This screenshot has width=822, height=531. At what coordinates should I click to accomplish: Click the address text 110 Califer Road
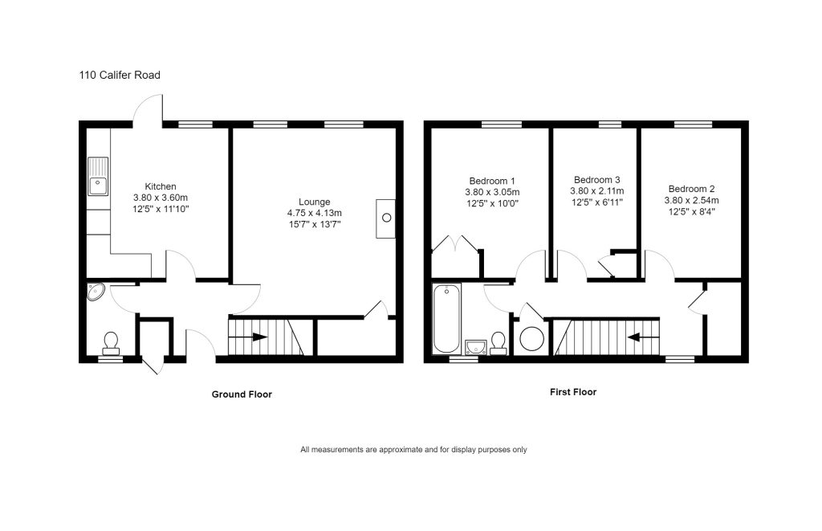coord(120,76)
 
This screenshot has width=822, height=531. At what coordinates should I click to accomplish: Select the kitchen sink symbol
coord(98,176)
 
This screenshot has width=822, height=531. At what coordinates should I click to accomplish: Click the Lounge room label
coord(314,202)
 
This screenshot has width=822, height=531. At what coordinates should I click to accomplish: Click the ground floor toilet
coord(111,343)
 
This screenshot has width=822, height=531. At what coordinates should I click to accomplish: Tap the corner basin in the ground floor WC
coord(96,292)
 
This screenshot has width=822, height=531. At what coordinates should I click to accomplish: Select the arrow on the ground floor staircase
coord(257,337)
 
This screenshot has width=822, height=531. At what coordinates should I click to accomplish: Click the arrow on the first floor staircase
coord(634,337)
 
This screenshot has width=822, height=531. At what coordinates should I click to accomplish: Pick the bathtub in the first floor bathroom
coord(446,319)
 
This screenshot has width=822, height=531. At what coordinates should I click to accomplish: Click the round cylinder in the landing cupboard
coord(531,338)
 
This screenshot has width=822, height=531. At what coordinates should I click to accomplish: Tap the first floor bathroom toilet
coord(498,343)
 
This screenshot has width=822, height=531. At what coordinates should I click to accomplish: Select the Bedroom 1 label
coord(492,181)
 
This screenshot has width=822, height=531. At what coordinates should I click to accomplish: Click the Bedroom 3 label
coord(596,180)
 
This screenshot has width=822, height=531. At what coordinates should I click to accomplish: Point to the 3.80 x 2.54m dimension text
coord(691,200)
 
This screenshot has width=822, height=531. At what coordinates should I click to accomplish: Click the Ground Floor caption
coord(242,394)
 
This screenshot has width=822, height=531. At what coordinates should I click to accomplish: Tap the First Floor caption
coord(572,393)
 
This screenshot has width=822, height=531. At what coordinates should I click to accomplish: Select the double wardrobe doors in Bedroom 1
coord(455,245)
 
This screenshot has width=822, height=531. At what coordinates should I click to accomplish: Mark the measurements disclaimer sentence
coord(413,450)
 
